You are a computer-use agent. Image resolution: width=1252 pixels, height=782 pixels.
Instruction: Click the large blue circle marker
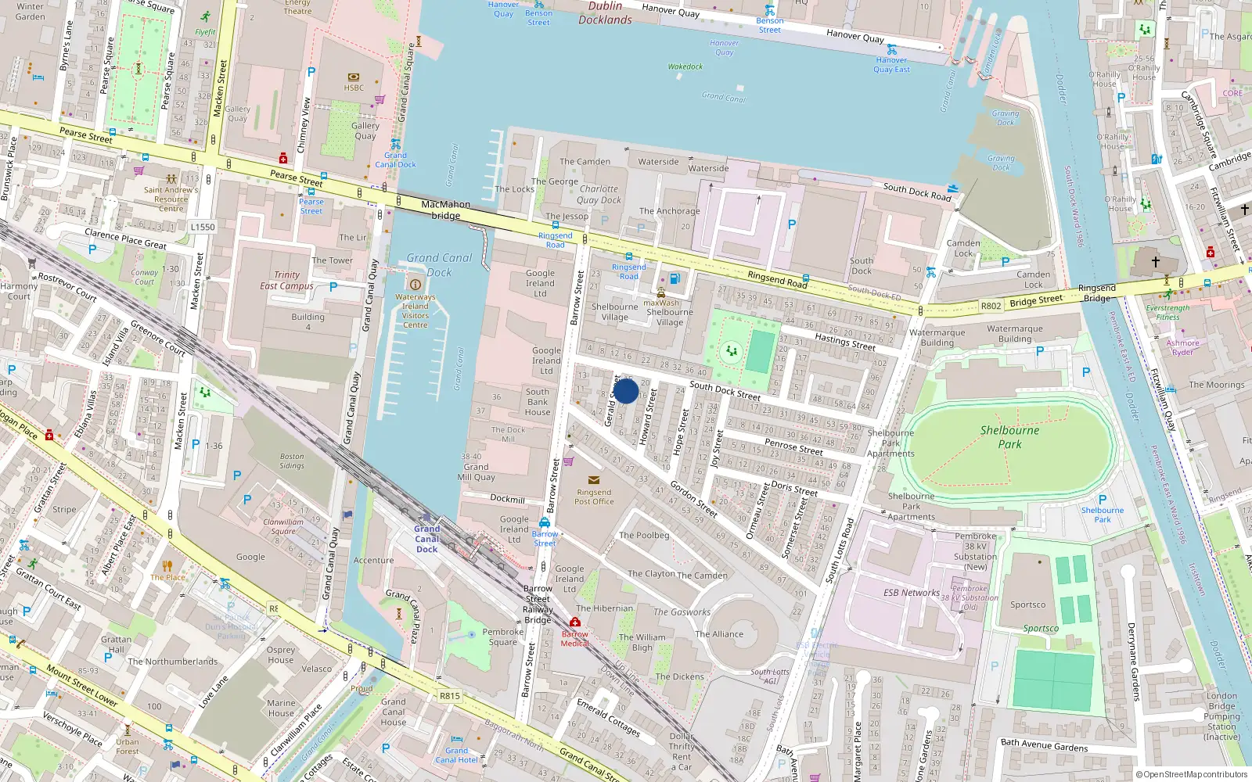click(x=625, y=390)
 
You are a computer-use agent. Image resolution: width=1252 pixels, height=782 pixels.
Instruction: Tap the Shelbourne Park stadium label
click(x=1009, y=437)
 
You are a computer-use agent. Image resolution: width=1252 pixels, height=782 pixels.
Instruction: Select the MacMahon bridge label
click(x=445, y=210)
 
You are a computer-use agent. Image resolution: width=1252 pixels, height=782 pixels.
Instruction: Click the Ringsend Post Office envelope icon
click(x=594, y=480)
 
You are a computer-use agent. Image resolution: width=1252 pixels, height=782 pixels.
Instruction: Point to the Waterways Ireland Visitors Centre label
click(x=415, y=310)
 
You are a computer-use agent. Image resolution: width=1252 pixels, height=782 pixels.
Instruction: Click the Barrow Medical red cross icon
click(x=575, y=622)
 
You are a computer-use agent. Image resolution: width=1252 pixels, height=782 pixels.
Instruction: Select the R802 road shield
click(x=991, y=306)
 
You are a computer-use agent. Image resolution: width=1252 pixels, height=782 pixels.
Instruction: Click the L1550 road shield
click(x=203, y=227)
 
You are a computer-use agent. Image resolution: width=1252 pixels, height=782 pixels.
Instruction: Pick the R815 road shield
click(x=449, y=695)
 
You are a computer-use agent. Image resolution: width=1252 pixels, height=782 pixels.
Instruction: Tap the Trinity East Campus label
click(x=286, y=281)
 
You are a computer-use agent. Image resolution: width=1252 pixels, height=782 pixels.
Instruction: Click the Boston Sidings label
click(x=292, y=461)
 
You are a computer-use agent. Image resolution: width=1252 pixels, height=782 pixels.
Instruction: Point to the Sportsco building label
click(x=1027, y=604)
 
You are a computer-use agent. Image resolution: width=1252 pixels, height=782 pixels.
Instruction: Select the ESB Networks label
click(x=912, y=593)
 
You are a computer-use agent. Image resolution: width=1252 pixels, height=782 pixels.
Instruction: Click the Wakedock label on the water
click(x=685, y=66)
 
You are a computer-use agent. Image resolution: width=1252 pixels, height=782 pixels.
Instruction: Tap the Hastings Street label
click(x=844, y=341)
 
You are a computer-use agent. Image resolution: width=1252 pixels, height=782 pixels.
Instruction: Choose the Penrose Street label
click(x=793, y=447)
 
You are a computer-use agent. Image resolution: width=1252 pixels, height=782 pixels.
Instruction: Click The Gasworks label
click(x=682, y=612)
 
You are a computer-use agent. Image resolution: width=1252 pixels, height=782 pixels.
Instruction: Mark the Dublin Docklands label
click(x=605, y=13)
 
